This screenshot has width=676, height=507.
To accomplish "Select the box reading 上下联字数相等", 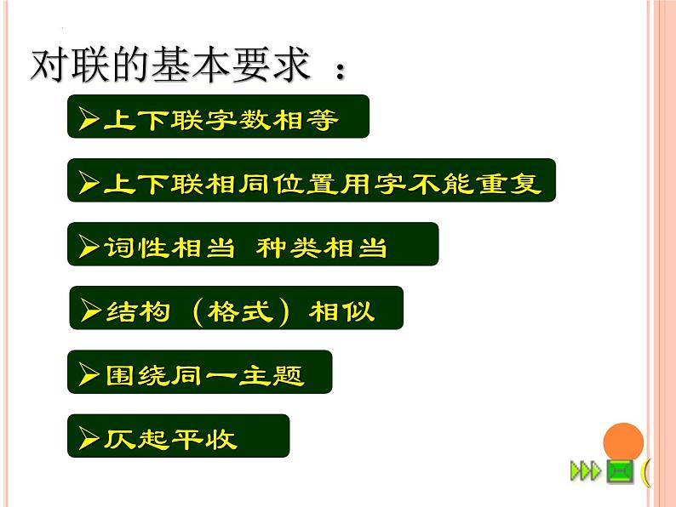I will click(218, 117).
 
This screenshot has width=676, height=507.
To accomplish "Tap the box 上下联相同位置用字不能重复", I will click(311, 180).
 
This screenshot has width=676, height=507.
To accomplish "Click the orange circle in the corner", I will click(623, 444).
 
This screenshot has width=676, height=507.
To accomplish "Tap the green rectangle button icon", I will click(619, 470).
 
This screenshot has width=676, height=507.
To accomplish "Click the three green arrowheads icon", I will click(585, 470).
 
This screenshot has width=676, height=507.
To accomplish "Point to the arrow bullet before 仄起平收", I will click(88, 438).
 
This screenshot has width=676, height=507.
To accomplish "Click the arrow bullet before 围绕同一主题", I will click(89, 373).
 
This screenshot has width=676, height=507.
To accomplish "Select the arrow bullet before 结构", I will click(90, 310).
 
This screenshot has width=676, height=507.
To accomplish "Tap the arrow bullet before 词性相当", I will click(89, 246).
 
